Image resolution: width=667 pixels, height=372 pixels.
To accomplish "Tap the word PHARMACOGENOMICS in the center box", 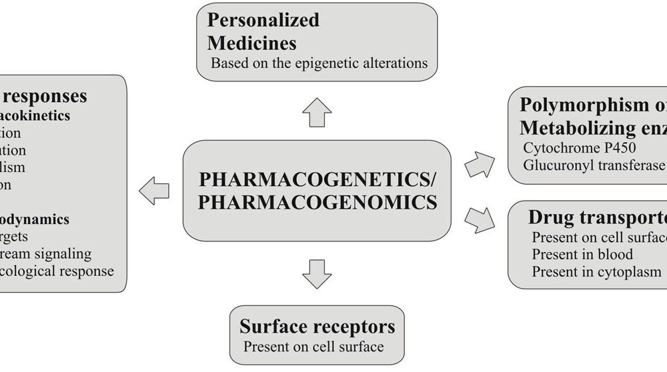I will coord(317,201).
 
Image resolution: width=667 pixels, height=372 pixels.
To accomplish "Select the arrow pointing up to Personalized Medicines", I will coord(317,112).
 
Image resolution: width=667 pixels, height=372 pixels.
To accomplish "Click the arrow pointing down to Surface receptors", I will coord(317,273).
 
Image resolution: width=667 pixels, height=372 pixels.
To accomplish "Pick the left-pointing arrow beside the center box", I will coord(153,191).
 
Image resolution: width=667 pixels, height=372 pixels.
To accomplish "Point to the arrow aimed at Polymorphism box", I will coord(480,164).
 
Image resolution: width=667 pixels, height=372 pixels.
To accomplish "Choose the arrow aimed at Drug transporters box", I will coord(480,219).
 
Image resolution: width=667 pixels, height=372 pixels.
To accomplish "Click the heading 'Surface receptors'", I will coord(317,327).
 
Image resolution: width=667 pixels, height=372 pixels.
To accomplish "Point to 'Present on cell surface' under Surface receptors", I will coord(313,346).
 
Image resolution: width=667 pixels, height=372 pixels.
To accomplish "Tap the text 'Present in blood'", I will coord(582,254).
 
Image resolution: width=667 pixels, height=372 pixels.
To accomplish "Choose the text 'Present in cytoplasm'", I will coord(596,271).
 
